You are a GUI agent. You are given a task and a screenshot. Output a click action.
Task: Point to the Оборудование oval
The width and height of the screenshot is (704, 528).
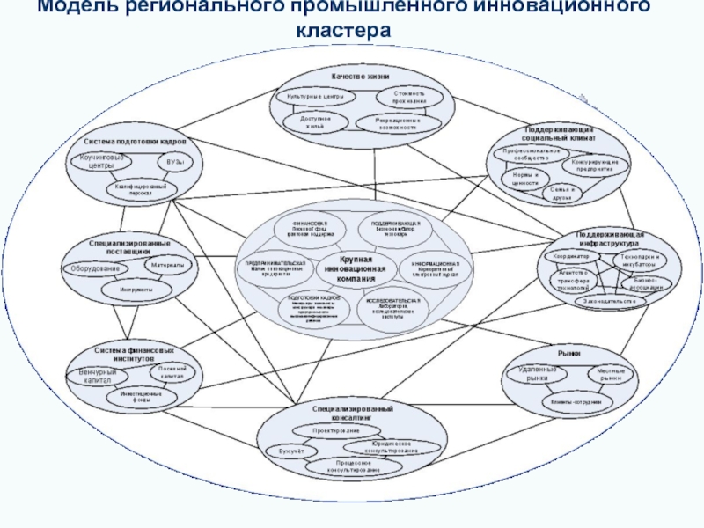click(x=97, y=268)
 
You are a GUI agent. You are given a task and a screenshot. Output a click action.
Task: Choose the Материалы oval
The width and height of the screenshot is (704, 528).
click(x=167, y=265)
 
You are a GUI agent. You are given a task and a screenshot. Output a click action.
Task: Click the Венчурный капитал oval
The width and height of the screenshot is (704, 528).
click(x=96, y=377)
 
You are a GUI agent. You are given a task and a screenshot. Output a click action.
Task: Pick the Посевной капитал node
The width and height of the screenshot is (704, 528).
click(x=172, y=372)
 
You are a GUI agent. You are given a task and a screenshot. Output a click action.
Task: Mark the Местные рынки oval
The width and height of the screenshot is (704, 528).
click(x=611, y=374)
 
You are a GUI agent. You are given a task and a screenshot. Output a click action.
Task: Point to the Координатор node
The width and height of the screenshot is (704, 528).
click(x=571, y=256)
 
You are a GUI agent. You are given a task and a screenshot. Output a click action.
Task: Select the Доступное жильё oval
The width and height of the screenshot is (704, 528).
click(x=314, y=120)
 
